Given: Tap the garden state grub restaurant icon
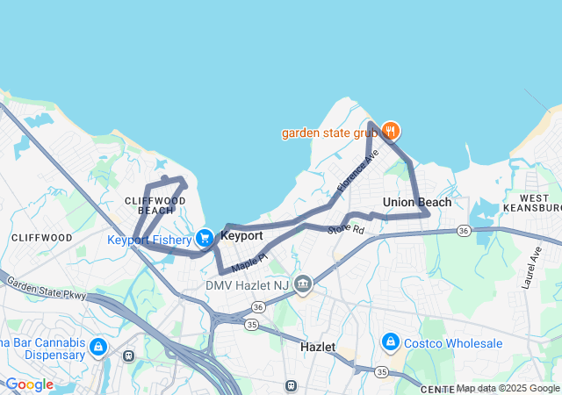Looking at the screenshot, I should (x=391, y=133).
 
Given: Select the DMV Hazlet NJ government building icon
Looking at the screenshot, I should (x=303, y=284).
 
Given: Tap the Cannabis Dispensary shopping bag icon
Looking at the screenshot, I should (x=97, y=348).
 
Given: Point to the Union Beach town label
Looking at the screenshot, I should (x=417, y=202).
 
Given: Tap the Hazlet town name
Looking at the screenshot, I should (x=317, y=347).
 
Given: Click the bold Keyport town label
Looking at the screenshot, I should (x=241, y=236).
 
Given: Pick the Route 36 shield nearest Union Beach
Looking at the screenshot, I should (x=464, y=230).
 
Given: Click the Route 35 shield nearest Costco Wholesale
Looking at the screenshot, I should (x=381, y=372).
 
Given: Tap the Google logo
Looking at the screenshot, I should (x=29, y=384).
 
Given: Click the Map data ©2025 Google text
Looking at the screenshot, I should (x=507, y=388).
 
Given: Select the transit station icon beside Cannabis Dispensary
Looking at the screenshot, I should (x=129, y=355).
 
